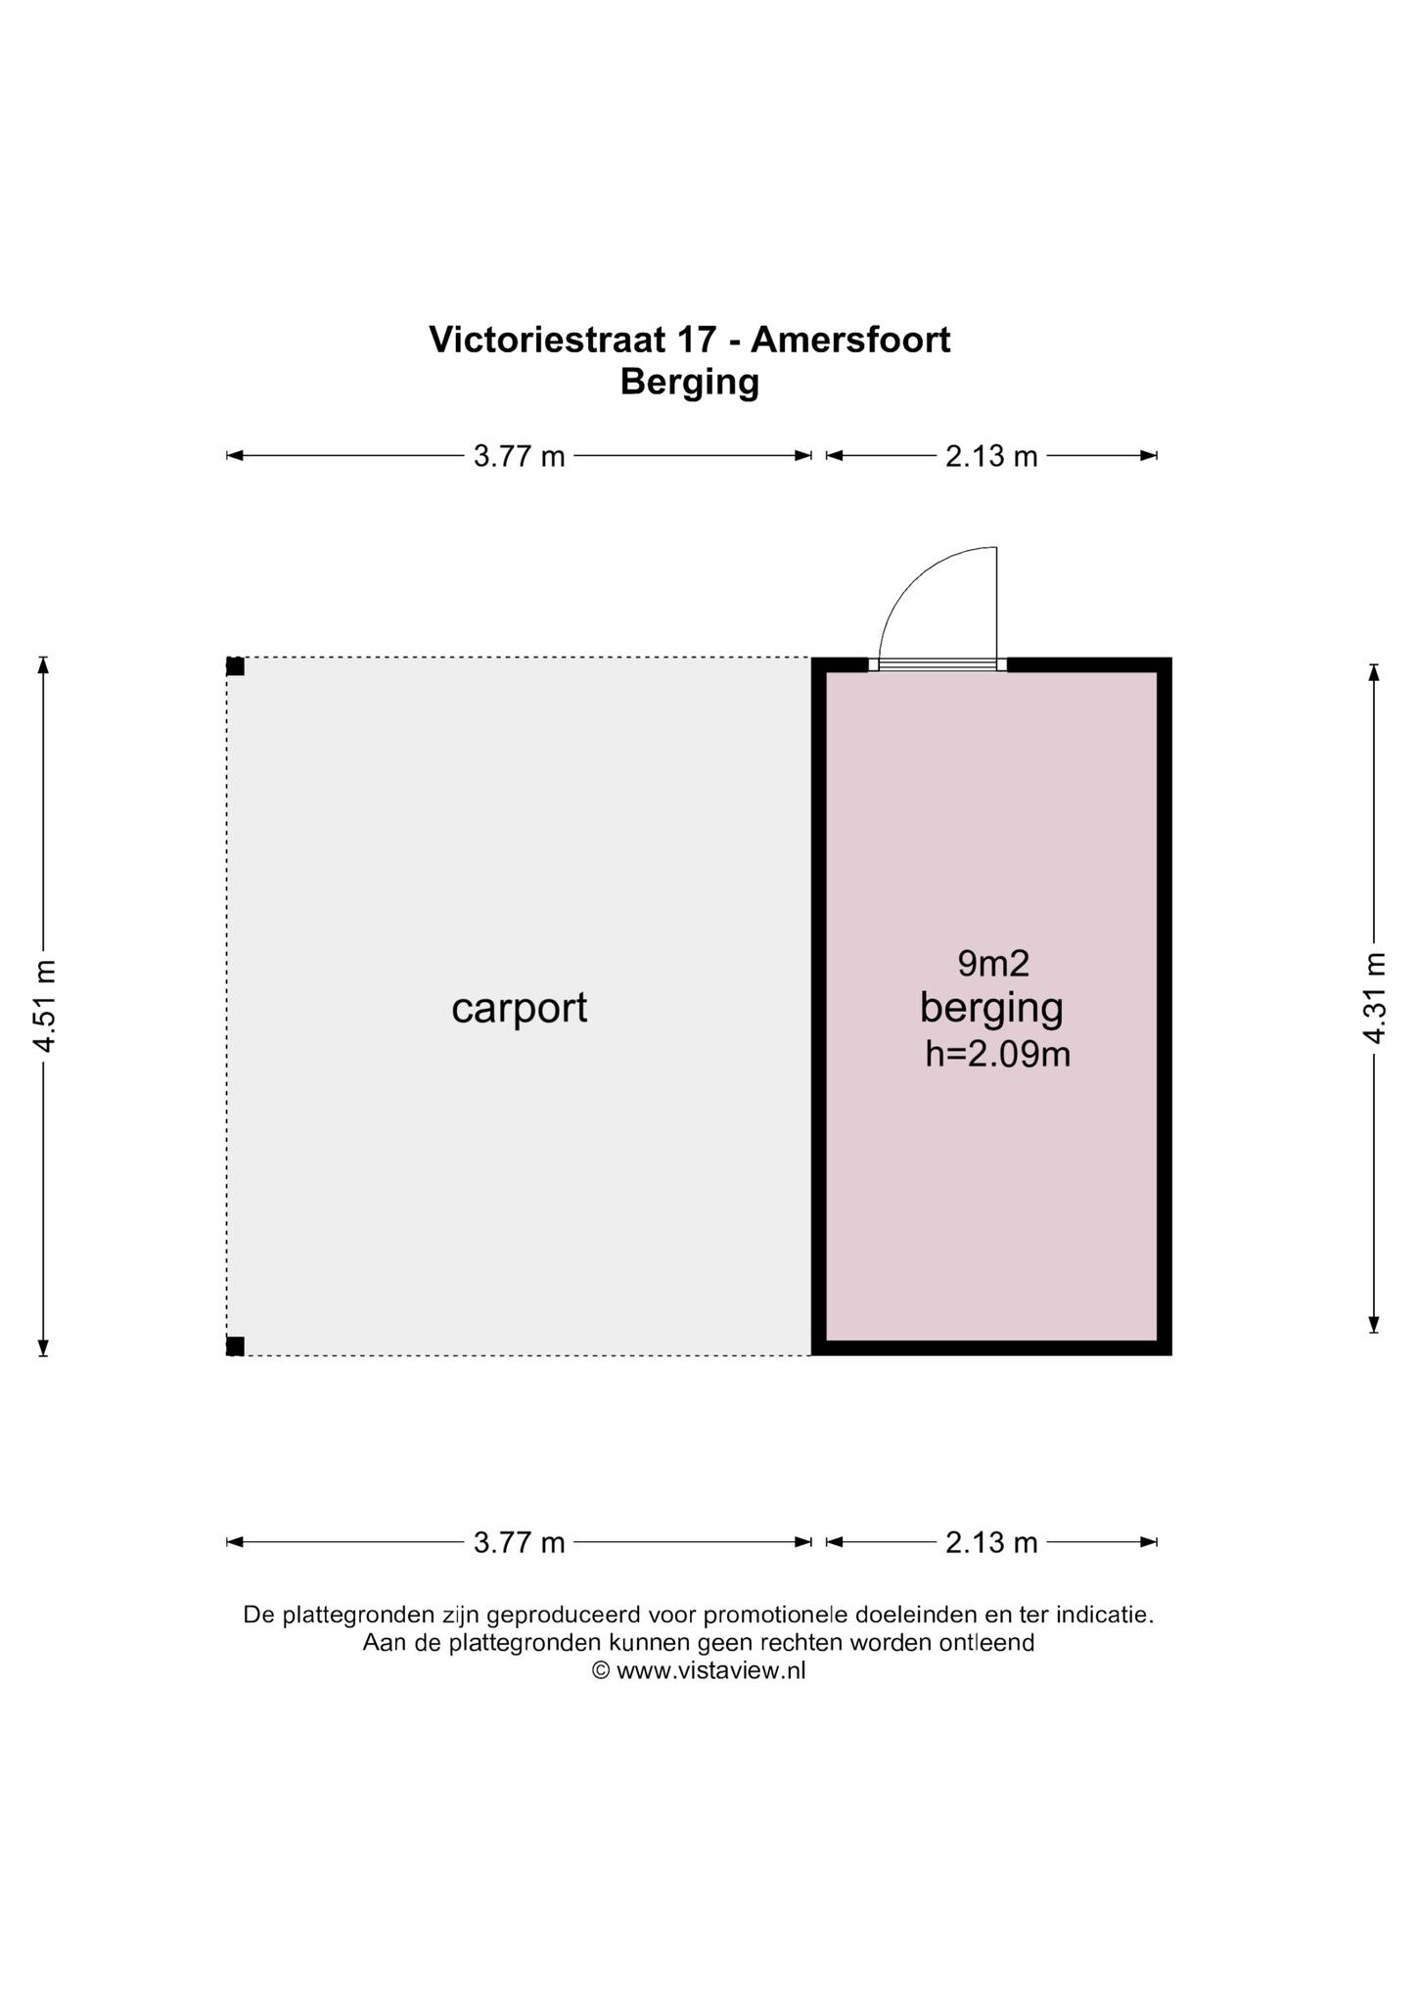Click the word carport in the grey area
click(x=519, y=1008)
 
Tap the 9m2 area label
click(x=993, y=964)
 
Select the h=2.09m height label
click(x=997, y=1055)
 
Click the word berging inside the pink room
click(x=991, y=1010)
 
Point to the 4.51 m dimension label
click(x=44, y=1006)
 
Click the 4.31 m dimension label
click(x=1375, y=998)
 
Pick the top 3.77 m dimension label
click(x=520, y=456)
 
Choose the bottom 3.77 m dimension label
click(x=520, y=1543)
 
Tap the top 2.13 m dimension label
click(x=991, y=456)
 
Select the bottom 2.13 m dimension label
click(x=991, y=1543)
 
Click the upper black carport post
click(x=235, y=666)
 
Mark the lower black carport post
click(x=235, y=1346)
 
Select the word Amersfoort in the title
click(x=850, y=340)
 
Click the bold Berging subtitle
click(x=690, y=382)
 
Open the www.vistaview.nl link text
click(x=711, y=1670)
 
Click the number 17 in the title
click(x=695, y=340)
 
